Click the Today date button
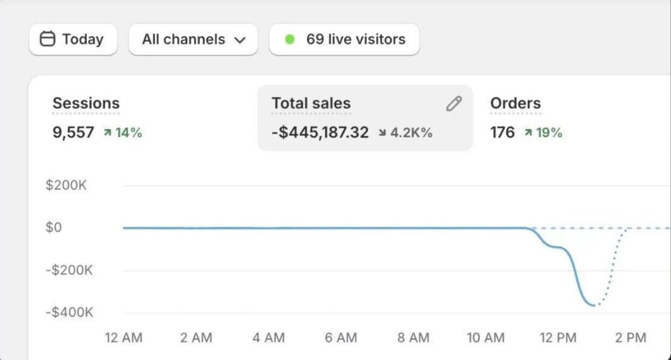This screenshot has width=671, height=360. tap(73, 39)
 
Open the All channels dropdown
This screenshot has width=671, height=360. tap(193, 39)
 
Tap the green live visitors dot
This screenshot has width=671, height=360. tap(290, 39)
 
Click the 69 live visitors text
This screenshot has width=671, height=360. tap(355, 39)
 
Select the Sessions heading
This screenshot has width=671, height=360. tap(86, 103)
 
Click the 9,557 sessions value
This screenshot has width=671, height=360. tap(73, 133)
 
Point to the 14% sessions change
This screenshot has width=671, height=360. tap(123, 133)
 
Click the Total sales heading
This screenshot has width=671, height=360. tap(311, 103)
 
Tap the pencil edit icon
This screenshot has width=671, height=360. tap(454, 103)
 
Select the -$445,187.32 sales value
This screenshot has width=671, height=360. tap(320, 133)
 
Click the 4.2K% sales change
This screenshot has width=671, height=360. tap(406, 133)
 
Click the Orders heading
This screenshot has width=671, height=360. tap(515, 103)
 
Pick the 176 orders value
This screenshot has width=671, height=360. tap(502, 133)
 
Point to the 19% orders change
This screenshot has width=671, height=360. tap(543, 133)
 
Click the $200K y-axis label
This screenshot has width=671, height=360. tap(66, 185)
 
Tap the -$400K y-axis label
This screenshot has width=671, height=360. tap(69, 312)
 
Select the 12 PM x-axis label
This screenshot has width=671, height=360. tap(558, 338)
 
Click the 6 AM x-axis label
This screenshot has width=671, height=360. tap(341, 338)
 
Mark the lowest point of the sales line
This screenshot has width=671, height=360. tap(594, 306)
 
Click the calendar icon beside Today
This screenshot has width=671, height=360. tap(48, 39)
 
